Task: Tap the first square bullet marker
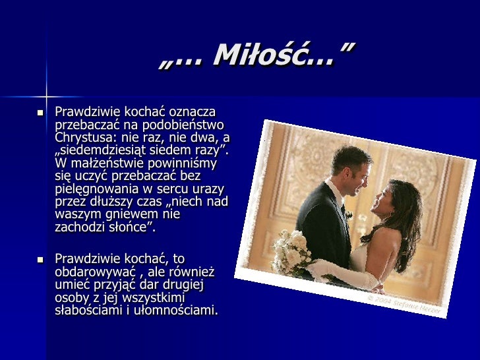click(39, 113)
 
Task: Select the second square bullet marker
click(39, 259)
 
